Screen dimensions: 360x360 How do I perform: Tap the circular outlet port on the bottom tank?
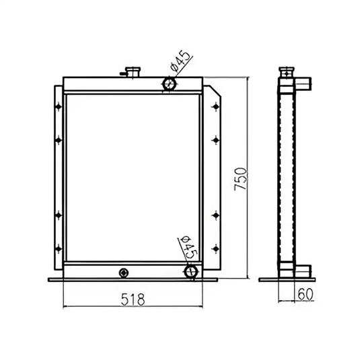click(x=191, y=271)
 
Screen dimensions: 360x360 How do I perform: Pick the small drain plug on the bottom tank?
click(x=122, y=272)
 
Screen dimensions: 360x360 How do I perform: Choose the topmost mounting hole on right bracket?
click(x=215, y=106)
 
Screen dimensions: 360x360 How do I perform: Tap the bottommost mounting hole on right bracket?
click(x=215, y=249)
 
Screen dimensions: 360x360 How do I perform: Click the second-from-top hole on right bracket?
click(x=215, y=139)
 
